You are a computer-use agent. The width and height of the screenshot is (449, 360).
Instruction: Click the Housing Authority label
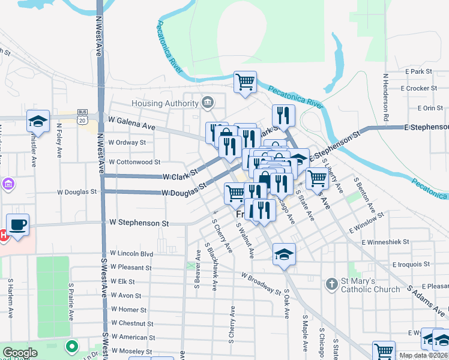point(164,103)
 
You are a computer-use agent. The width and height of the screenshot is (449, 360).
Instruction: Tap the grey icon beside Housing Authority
point(208,103)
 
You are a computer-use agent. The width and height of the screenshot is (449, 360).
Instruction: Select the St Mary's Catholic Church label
point(370,285)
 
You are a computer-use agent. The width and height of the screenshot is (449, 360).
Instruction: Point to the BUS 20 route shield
point(82,116)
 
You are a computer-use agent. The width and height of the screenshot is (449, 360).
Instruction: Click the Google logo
point(20,353)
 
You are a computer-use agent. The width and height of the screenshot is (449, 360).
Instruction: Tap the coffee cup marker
point(18,226)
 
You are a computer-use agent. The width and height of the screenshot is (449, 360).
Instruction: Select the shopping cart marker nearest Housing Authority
point(245,82)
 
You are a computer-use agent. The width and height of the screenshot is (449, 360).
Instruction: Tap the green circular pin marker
point(72,347)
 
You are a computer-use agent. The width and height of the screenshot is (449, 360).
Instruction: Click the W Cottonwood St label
point(134,162)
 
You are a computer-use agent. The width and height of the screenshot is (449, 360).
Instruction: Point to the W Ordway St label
point(127,143)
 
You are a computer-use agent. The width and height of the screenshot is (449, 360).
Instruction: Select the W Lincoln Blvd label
point(131,254)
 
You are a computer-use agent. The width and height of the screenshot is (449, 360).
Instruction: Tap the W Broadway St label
point(261,283)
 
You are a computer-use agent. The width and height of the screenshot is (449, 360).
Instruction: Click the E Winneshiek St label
point(385,242)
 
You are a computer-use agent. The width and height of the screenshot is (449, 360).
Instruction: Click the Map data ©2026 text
point(423,355)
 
